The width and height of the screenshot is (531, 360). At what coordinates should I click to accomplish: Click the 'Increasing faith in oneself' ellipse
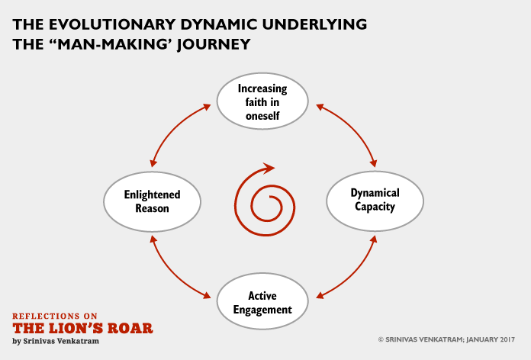(262, 101)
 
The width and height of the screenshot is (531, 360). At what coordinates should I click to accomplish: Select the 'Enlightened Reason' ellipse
(152, 201)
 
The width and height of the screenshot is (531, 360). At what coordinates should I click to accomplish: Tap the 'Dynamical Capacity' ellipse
(375, 201)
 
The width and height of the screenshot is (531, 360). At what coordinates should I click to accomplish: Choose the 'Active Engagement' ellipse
(262, 301)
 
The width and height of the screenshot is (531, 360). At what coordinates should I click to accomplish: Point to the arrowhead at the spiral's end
(269, 168)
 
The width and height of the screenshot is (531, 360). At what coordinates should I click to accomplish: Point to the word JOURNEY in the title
(214, 45)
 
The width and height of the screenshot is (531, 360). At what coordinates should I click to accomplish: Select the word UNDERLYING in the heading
(314, 24)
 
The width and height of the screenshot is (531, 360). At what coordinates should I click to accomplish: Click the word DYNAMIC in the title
(219, 24)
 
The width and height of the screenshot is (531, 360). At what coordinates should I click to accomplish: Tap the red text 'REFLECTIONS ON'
(55, 317)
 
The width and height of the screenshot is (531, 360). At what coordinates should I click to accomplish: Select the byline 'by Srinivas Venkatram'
(56, 341)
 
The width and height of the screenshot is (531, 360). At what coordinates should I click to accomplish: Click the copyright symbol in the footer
(381, 339)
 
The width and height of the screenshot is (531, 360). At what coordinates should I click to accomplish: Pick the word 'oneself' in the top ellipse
(262, 116)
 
